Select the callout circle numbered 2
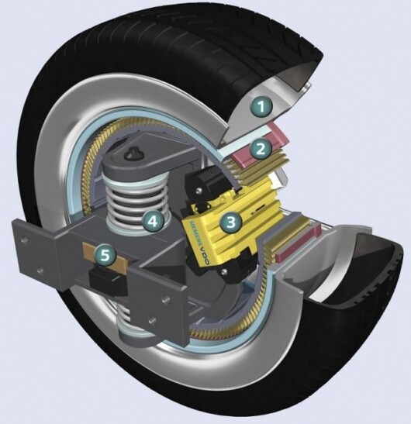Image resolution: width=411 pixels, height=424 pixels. [x=262, y=147]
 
